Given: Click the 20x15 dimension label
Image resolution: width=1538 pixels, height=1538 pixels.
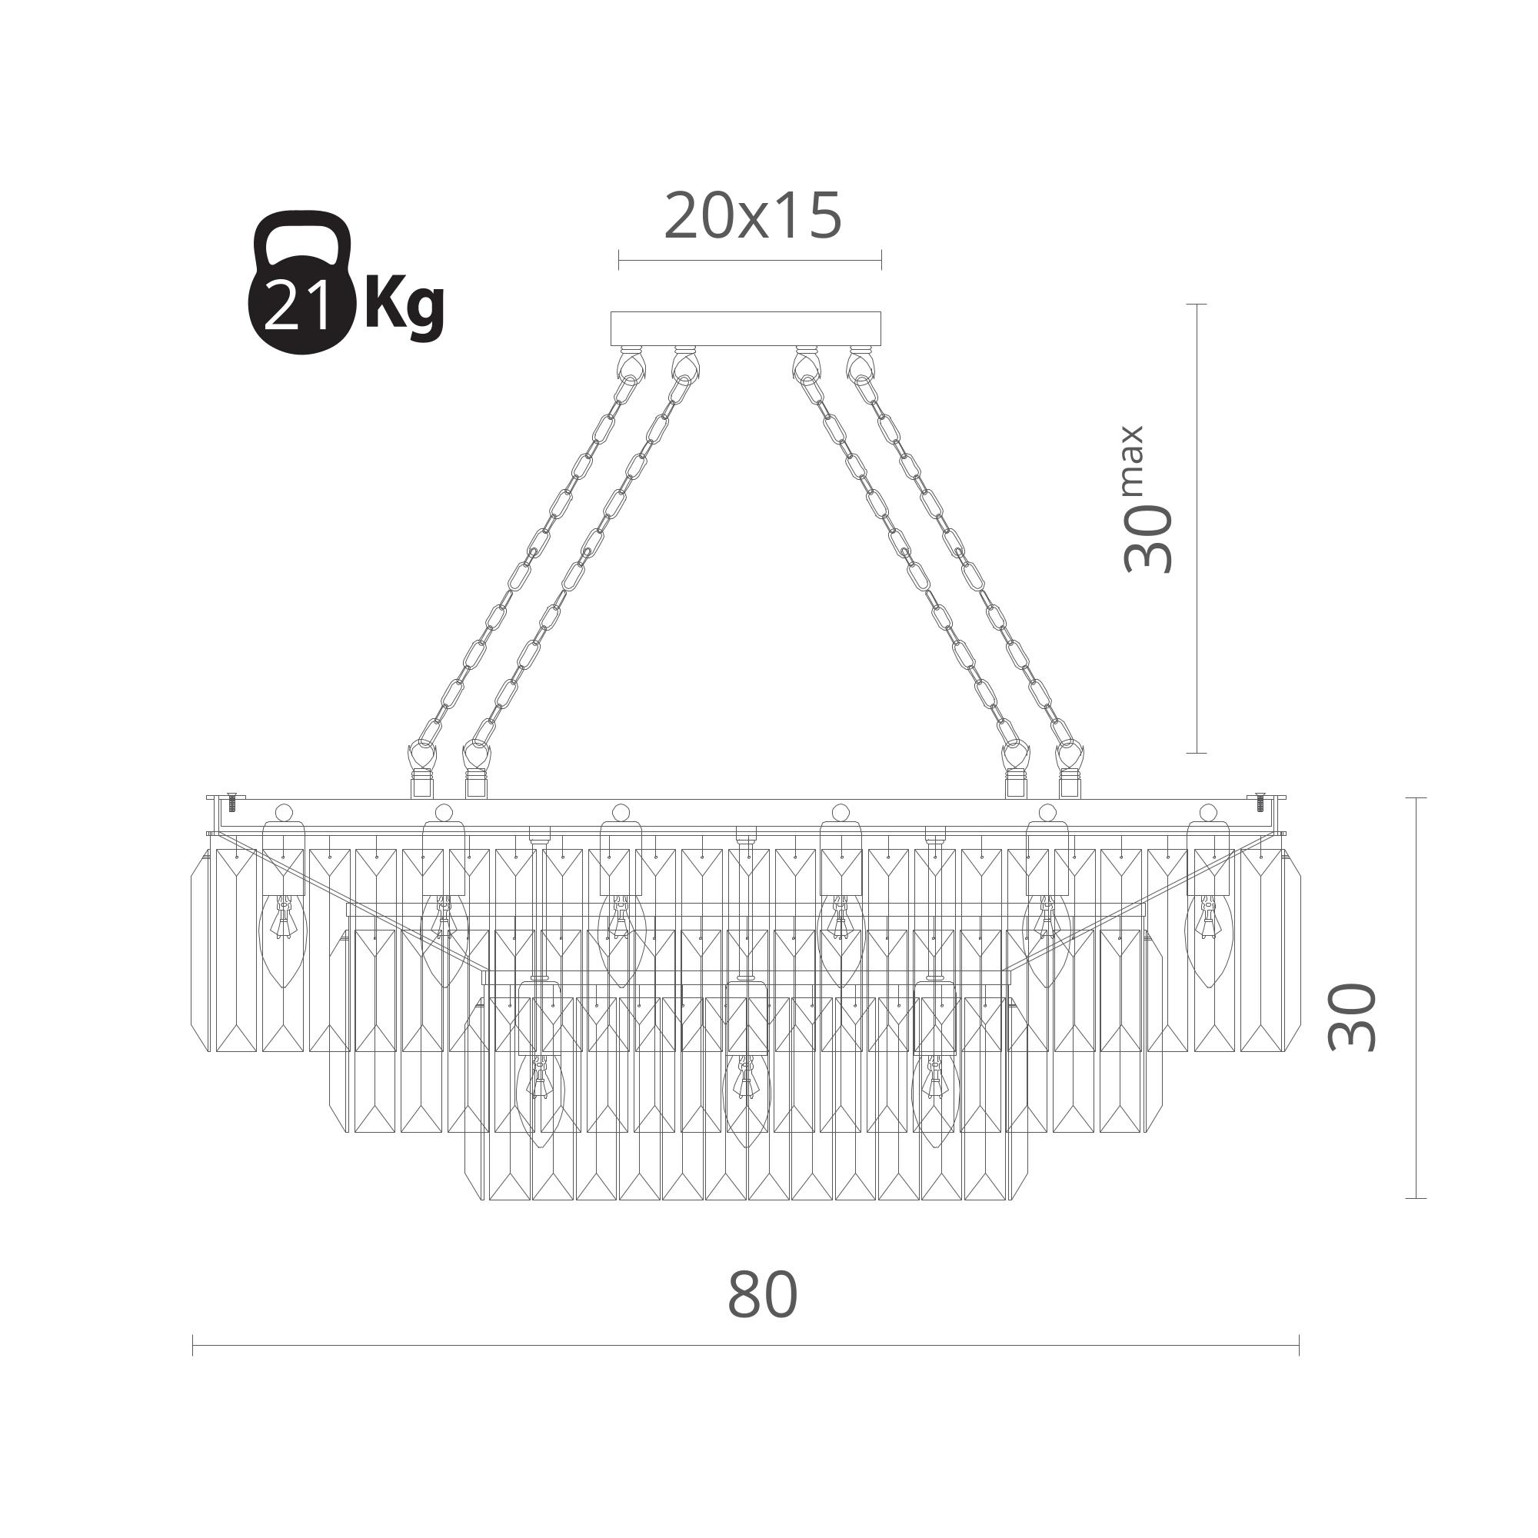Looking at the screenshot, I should coord(752,217).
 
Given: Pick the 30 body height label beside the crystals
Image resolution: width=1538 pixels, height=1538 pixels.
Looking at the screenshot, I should coord(1352,1017).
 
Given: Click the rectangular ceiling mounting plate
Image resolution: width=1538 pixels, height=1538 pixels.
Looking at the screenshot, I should coord(745,328).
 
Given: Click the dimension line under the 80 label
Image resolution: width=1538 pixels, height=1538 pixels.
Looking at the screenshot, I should coord(746,1345).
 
